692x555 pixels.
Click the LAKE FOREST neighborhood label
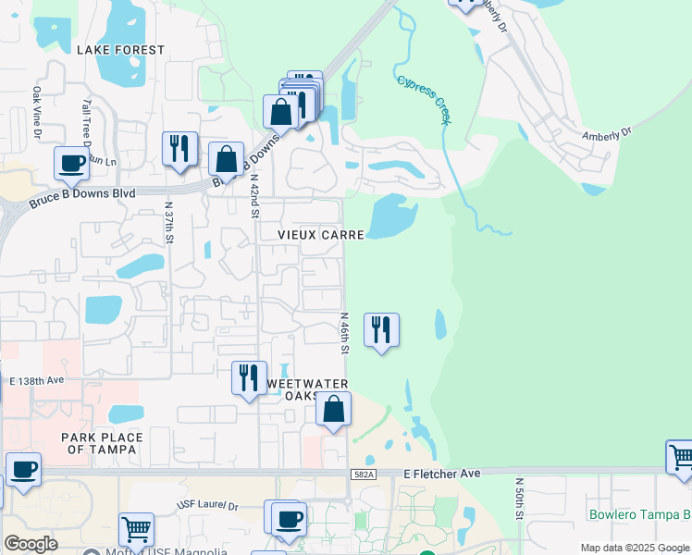(x=120, y=50)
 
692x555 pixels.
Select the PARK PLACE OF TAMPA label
(x=102, y=443)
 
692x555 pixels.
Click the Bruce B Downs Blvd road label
(x=81, y=195)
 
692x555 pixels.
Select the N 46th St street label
(x=342, y=334)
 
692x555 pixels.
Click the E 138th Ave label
(x=37, y=380)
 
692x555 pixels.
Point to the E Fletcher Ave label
(x=442, y=474)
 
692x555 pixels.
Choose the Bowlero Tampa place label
(x=638, y=514)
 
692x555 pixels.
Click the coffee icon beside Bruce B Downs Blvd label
(x=71, y=165)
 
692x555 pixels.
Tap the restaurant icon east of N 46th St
(x=381, y=330)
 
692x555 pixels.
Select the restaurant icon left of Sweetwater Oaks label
(x=248, y=378)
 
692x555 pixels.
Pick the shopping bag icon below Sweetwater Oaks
(x=333, y=409)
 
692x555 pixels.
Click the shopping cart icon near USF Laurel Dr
(x=136, y=530)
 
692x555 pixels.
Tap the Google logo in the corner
(x=31, y=544)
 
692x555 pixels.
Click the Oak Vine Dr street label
(x=38, y=112)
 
